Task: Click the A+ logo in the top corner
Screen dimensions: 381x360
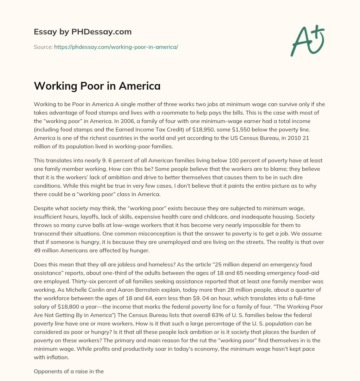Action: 307,41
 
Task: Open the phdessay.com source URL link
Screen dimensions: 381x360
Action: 116,47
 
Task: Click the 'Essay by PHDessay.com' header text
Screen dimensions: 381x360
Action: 83,32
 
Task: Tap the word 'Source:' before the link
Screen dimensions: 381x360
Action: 43,47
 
